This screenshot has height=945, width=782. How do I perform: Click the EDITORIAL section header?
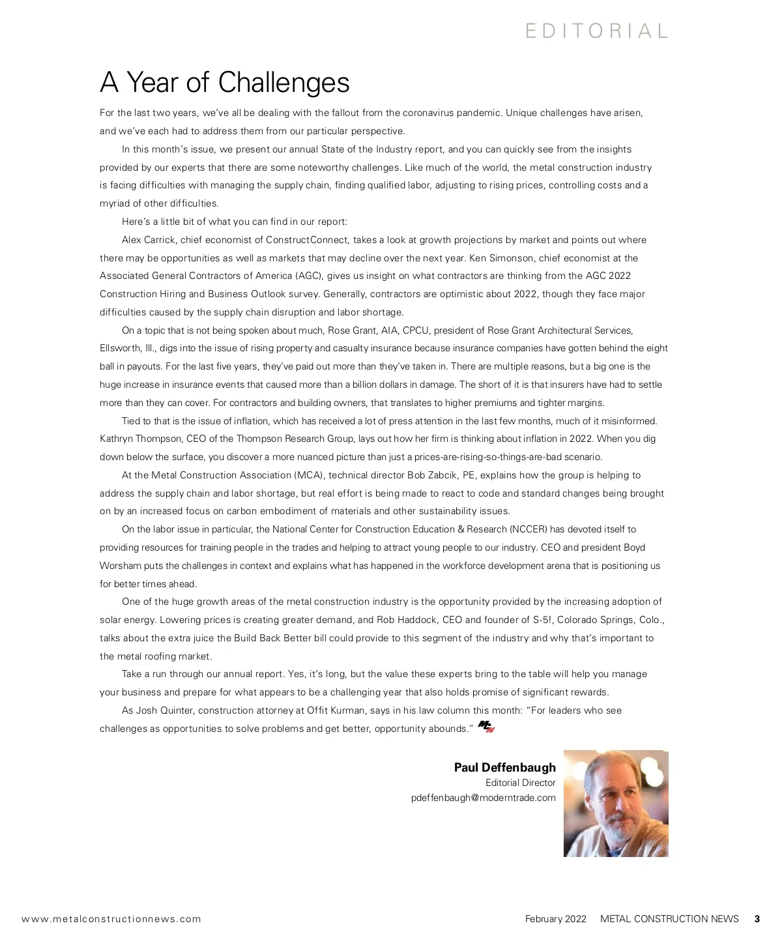coord(597,31)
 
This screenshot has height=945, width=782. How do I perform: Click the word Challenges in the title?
coord(283,83)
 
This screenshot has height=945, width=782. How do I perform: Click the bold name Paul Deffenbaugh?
coord(504,767)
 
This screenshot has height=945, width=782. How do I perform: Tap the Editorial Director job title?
coord(520,783)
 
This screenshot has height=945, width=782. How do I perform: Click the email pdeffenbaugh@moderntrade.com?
coord(483,798)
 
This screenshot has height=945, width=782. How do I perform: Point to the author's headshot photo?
coord(616,803)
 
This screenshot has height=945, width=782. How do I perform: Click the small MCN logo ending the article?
coord(486,727)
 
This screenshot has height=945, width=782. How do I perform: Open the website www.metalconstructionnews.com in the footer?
coord(111,919)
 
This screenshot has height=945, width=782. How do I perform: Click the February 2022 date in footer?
coord(555,919)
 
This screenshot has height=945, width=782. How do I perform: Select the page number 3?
coord(757,919)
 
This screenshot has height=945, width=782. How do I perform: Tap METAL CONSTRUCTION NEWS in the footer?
coord(669,919)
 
